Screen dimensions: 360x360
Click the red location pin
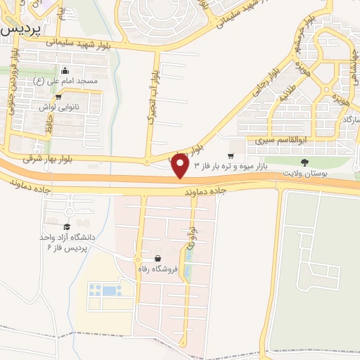[180, 167]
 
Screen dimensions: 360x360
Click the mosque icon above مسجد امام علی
[65, 70]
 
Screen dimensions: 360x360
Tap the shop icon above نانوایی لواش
[58, 97]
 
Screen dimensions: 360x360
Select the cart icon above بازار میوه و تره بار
[231, 155]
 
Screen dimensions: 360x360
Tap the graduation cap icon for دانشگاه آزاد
[67, 226]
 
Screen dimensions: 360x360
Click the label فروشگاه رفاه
[159, 269]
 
